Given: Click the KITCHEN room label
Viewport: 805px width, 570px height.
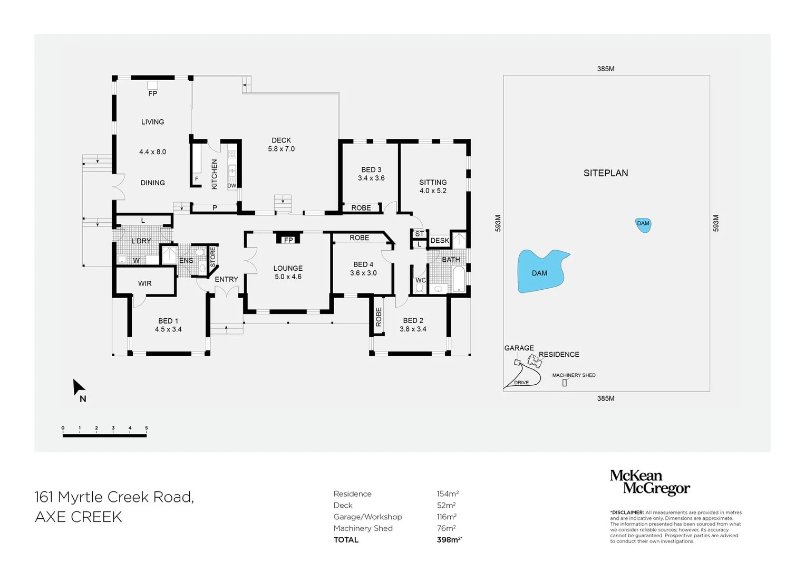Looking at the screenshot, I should point(215,174).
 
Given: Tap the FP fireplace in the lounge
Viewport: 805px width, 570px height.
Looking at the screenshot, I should point(288,240).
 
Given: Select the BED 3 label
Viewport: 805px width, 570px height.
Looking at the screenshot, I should point(371,169).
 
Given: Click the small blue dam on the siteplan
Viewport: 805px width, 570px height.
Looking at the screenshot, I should point(643,224).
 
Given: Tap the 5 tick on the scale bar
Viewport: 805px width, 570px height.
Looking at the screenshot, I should point(146,429).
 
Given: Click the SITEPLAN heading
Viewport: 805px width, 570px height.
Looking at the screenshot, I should point(605,173).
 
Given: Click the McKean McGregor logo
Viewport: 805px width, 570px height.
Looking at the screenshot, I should point(649,482).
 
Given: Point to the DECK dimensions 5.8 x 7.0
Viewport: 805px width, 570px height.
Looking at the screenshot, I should point(281,149).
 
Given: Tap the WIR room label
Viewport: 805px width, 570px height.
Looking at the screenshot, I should point(145,283).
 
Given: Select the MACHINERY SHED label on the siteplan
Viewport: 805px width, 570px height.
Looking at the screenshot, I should point(574,375).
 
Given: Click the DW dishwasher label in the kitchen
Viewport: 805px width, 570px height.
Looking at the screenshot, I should point(232,186).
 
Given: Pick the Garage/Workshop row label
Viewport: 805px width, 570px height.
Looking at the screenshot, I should point(367,517).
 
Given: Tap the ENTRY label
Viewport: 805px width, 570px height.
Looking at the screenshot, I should point(226,279).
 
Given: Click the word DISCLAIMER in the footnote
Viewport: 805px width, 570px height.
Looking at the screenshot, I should point(628,512).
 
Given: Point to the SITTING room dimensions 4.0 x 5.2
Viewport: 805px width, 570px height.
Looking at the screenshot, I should point(433,191).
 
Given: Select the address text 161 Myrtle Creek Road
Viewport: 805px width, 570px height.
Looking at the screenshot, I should point(114,497).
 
